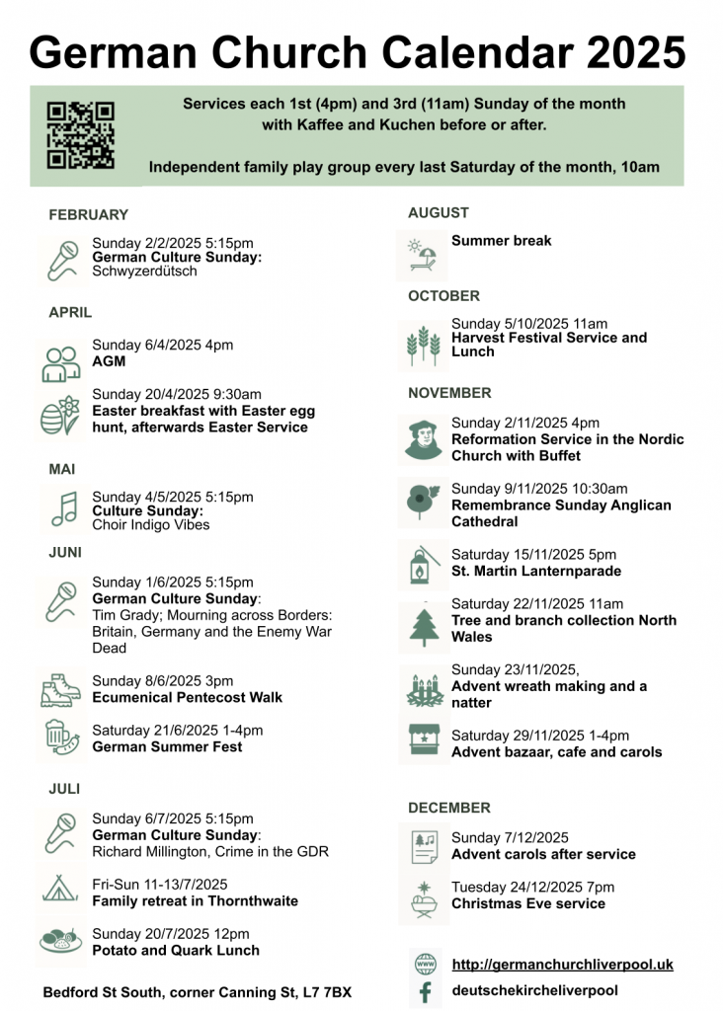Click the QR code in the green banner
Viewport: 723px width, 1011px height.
coord(81,135)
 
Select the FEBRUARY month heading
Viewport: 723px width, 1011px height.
coord(88,214)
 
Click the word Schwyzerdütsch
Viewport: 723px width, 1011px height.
coord(144,272)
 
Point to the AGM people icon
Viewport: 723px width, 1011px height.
coord(61,362)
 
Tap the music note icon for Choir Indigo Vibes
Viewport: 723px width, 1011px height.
coord(63,508)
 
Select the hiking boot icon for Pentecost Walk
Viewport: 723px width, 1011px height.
coord(61,689)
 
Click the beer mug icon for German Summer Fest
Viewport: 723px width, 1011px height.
coord(61,738)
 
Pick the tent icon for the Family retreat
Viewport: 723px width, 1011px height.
coord(61,888)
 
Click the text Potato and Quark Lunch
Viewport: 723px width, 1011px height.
coord(176,951)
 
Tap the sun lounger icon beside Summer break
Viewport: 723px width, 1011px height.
coord(422,254)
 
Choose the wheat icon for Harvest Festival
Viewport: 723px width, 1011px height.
coord(423,344)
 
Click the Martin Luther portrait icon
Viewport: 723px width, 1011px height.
coord(423,438)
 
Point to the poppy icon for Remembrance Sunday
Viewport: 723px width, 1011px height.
coord(423,503)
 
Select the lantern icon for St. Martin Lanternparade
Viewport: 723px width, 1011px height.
coord(423,564)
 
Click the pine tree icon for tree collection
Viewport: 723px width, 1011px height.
coord(423,626)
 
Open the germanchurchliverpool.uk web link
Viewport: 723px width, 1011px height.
coord(562,965)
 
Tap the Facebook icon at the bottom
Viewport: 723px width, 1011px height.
coord(425,991)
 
